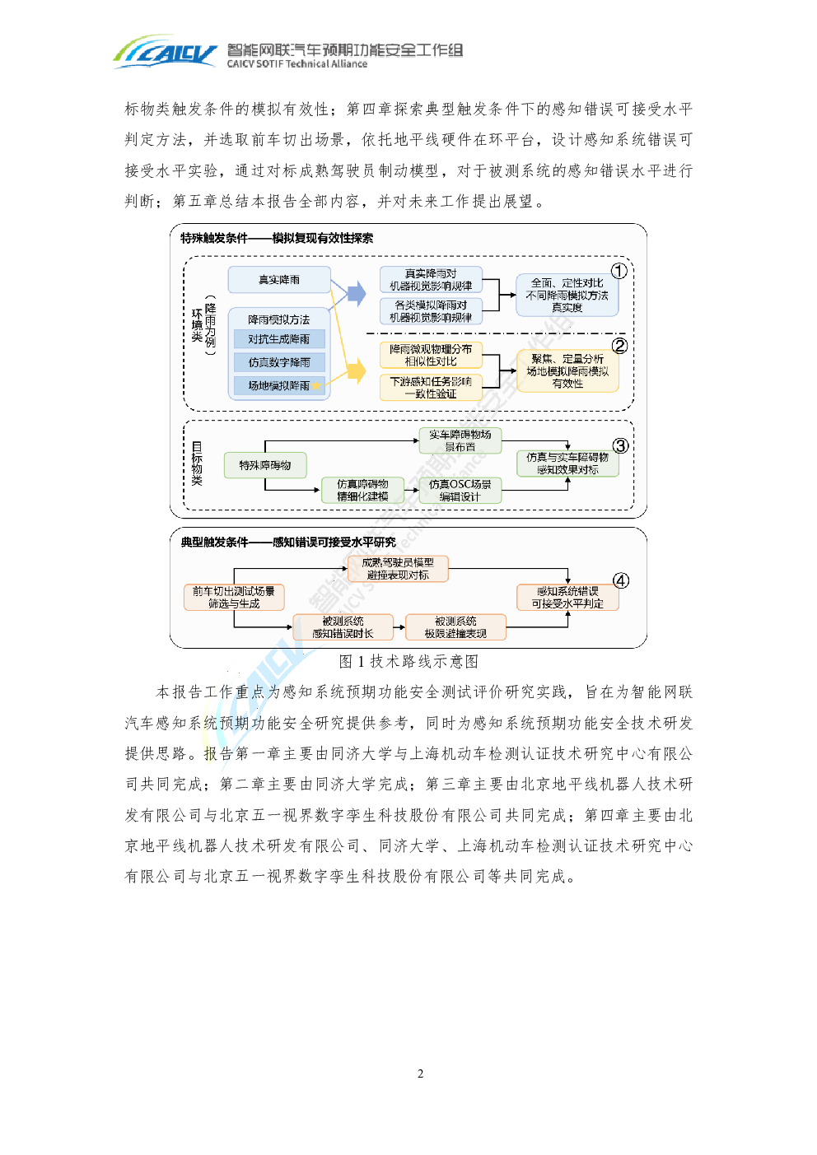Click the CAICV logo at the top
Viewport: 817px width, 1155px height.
[x=166, y=52]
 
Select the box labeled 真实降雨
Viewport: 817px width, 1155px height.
[x=278, y=280]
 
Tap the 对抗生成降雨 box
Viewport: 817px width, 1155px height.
[x=279, y=339]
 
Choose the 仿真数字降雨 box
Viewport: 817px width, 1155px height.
[x=279, y=362]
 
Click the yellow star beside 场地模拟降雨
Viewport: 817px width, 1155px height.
[x=316, y=385]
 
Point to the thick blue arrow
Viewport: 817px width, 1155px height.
[x=355, y=293]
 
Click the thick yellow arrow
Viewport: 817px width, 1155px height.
[x=355, y=371]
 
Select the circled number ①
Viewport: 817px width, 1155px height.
[x=619, y=271]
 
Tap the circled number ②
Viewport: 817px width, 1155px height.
[x=619, y=346]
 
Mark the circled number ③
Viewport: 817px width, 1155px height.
[x=620, y=445]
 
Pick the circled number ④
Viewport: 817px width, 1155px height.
[x=621, y=580]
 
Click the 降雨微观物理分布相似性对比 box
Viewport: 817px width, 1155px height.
[x=431, y=355]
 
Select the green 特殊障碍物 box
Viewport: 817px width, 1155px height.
[x=265, y=465]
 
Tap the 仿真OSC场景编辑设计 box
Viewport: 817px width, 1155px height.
[x=460, y=491]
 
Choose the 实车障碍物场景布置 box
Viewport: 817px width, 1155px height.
[x=460, y=440]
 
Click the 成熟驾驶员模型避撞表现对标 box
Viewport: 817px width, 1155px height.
[x=398, y=569]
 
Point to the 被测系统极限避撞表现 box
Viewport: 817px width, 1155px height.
[x=455, y=627]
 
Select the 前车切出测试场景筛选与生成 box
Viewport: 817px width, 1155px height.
[x=234, y=598]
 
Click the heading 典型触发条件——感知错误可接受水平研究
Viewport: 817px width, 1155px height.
[x=288, y=543]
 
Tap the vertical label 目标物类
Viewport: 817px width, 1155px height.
[x=197, y=464]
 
